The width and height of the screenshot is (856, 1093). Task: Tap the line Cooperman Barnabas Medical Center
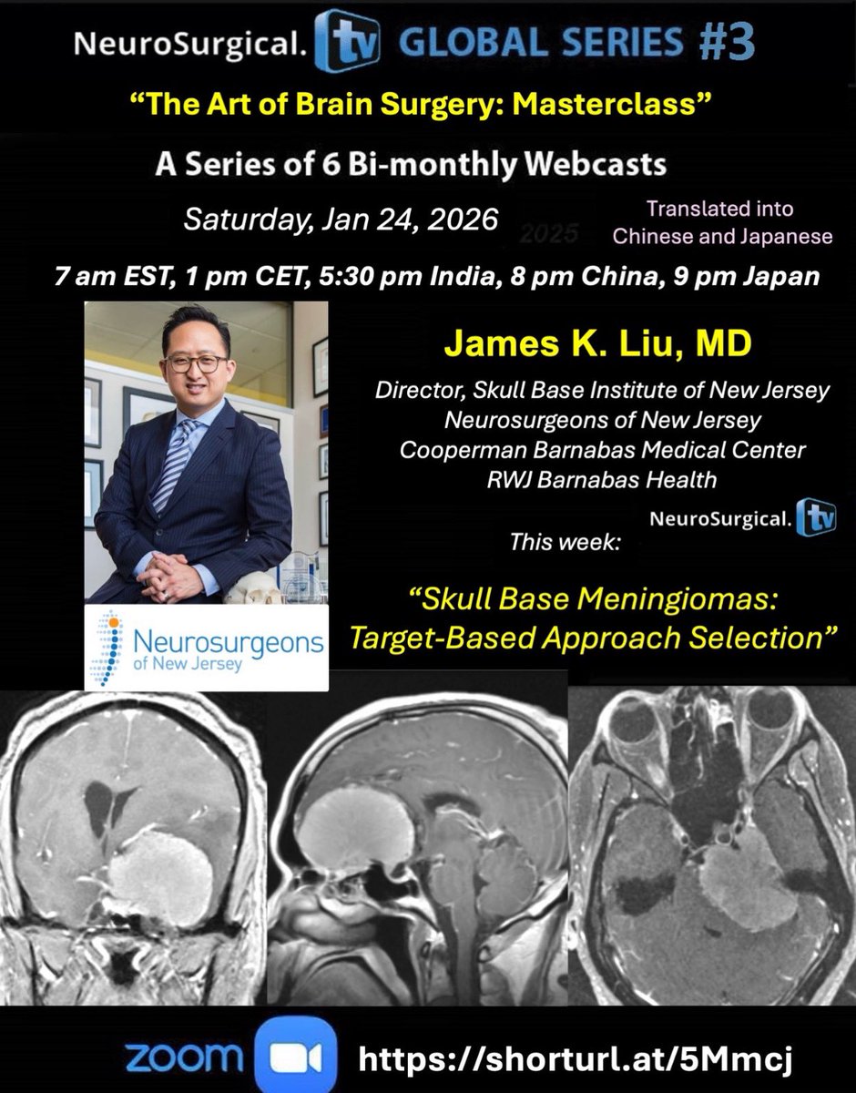point(601,450)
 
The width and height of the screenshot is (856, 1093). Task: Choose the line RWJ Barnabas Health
point(601,478)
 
